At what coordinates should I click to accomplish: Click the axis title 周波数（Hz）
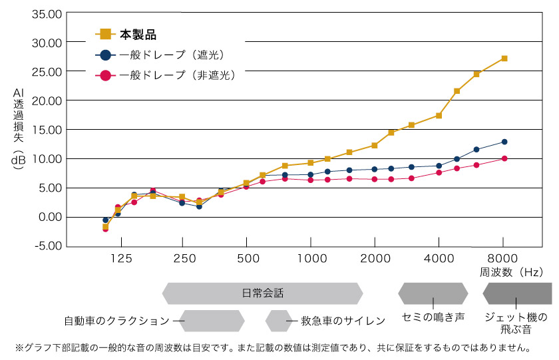point(511,272)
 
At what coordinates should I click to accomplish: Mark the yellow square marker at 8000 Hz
point(504,59)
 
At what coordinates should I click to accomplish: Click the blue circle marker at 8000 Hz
point(504,142)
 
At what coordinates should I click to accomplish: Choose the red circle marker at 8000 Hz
point(504,158)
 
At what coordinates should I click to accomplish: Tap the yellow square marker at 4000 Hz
point(439,116)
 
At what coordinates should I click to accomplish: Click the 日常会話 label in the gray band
point(262,293)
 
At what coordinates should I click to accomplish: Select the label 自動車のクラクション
point(116,321)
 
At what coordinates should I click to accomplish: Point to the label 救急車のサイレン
point(343,321)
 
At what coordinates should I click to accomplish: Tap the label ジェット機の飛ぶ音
point(517,323)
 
